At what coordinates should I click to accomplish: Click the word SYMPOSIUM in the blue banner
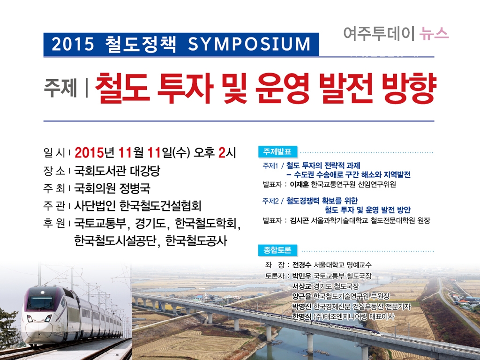[249, 44]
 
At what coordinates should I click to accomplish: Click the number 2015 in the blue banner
[73, 44]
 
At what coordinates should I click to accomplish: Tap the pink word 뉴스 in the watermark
[434, 33]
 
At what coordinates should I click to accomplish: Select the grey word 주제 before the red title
[60, 87]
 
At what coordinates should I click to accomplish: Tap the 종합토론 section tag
[277, 250]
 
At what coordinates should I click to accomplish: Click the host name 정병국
[135, 188]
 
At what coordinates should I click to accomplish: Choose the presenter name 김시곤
[299, 220]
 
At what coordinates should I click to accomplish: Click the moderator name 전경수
[301, 265]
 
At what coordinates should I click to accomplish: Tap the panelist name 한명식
[301, 316]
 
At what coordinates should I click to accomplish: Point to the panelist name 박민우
[301, 276]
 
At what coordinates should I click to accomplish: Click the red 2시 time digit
[227, 152]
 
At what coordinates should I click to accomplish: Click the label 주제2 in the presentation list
[270, 201]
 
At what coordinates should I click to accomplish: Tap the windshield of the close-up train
[40, 302]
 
